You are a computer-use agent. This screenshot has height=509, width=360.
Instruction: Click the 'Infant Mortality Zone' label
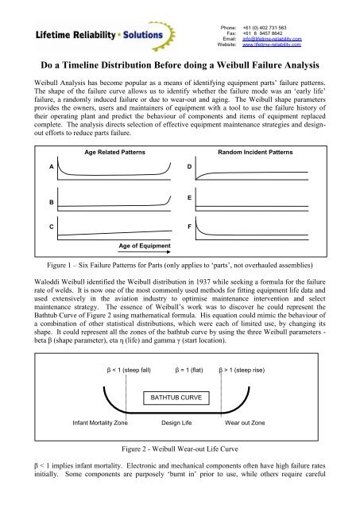tap(101, 423)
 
